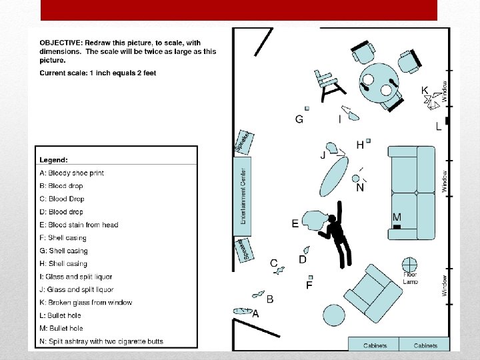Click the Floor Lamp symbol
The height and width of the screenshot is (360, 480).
[x=409, y=265]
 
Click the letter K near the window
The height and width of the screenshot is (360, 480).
[x=425, y=91]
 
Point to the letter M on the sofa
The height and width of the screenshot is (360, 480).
[x=397, y=217]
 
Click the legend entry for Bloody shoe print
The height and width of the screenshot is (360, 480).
[x=72, y=173]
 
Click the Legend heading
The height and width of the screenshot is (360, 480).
[x=53, y=160]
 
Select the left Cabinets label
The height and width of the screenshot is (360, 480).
[x=375, y=345]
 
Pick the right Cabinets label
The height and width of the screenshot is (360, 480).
[x=425, y=345]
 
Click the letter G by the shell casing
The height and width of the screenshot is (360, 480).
[x=299, y=119]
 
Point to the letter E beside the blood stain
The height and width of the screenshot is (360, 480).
[x=295, y=224]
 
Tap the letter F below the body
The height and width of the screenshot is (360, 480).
[x=309, y=285]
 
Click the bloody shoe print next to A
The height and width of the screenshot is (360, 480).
[x=243, y=311]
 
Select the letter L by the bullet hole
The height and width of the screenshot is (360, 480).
[x=438, y=126]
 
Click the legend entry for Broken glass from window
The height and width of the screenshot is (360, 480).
[x=86, y=303]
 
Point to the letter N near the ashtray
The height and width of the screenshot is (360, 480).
[x=360, y=188]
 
